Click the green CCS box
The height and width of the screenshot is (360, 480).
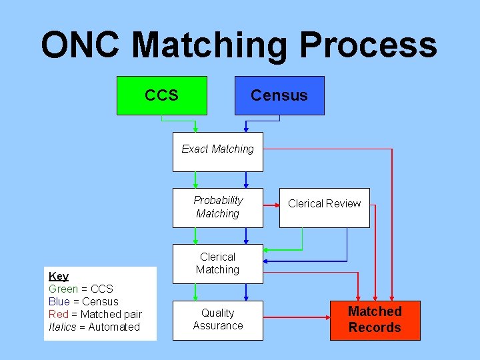coord(161,95)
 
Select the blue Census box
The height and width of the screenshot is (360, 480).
coord(279,95)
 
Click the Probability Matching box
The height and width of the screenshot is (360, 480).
coord(218,207)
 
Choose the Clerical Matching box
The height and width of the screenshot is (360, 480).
coord(218,263)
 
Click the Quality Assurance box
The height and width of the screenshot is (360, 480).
coord(218,320)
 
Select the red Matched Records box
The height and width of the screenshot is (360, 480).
coord(375,320)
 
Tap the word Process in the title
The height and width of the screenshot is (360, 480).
coord(368,45)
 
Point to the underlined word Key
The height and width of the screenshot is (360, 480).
coord(59,276)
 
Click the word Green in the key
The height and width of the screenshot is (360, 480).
coord(63,289)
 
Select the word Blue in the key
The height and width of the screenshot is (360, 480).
coord(59,301)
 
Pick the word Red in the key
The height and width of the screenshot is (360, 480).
coord(58,314)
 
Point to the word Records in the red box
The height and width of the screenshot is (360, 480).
coord(375,328)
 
